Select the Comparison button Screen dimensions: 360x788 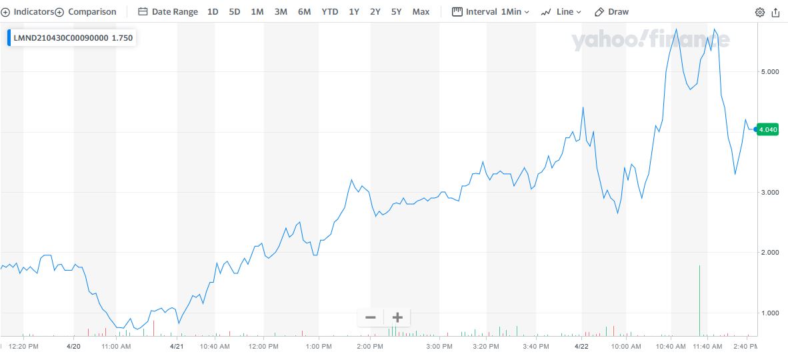point(86,12)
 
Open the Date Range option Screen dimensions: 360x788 point(168,12)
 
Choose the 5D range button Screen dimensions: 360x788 point(235,12)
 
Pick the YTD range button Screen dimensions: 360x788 point(329,12)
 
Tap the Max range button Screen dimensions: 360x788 point(421,12)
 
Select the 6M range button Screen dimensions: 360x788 point(304,12)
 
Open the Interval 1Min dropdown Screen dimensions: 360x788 point(491,12)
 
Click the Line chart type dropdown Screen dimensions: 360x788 point(561,12)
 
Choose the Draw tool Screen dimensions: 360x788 point(611,12)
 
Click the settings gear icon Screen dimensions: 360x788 point(760,12)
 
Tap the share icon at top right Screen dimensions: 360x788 point(775,12)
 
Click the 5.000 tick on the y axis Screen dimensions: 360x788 point(769,71)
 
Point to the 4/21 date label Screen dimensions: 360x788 point(177,347)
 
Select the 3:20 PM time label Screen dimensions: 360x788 point(485,347)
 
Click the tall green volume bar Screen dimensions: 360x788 point(699,300)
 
